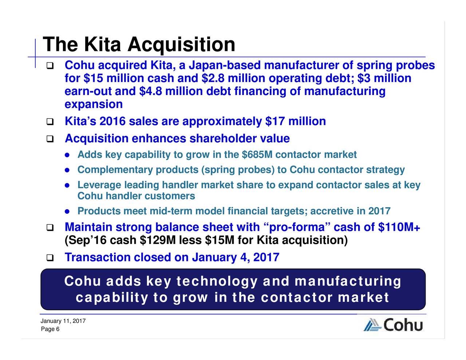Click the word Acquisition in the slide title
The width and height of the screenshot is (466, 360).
[x=181, y=45]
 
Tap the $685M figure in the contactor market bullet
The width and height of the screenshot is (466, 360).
[x=257, y=155]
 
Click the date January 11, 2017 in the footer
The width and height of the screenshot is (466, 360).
[x=63, y=321]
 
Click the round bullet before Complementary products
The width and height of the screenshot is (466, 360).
[x=67, y=170]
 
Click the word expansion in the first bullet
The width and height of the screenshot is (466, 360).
[x=94, y=104]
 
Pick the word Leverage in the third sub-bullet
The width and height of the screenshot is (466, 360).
[x=99, y=185]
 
